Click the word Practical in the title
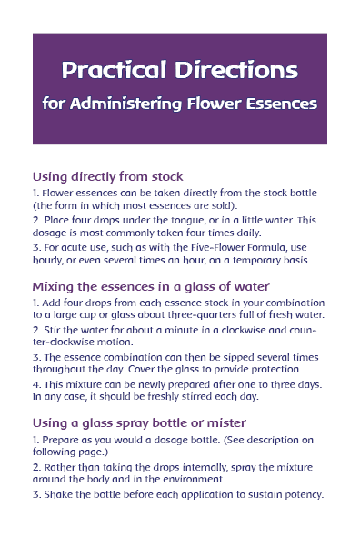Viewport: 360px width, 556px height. (x=114, y=70)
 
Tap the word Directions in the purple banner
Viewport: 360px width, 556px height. (x=236, y=70)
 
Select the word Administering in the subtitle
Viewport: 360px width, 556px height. (x=126, y=104)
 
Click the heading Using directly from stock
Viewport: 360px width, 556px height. (x=108, y=176)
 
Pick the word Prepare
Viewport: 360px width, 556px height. (x=60, y=441)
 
